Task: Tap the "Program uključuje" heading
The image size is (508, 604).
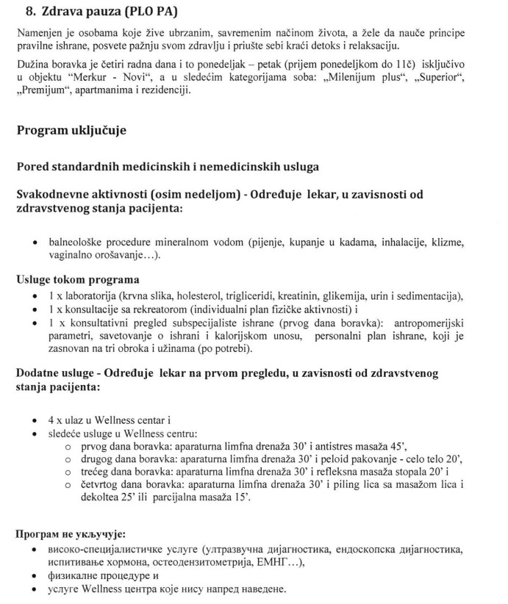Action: tap(71, 130)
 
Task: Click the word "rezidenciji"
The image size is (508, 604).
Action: tap(165, 90)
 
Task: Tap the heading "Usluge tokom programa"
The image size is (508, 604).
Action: tap(77, 280)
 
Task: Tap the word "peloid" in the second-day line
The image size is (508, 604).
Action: tap(342, 459)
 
